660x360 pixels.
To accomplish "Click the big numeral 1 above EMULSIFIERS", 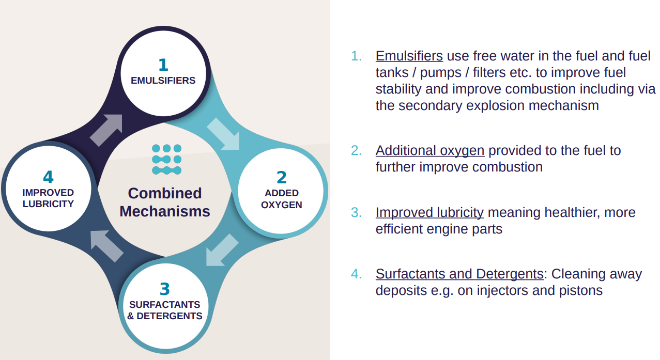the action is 163,65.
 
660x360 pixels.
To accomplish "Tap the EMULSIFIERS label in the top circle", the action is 163,81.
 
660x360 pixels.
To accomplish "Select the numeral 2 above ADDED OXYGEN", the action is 282,177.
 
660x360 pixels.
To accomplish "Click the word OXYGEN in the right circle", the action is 281,205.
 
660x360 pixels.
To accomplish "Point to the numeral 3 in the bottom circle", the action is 165,289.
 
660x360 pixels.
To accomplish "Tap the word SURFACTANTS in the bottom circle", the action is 164,304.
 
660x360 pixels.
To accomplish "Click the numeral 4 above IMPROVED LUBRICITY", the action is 48,177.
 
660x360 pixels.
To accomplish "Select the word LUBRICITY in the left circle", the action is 48,204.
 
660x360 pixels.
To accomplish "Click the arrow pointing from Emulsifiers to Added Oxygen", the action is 223,134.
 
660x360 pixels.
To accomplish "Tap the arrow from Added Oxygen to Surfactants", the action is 222,250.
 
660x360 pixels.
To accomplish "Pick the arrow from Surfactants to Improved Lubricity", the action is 106,246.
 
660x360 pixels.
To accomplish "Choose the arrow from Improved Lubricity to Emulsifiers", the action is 106,130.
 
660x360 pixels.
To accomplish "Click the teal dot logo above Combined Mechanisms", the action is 166,159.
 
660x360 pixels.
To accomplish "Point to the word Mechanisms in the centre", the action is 165,211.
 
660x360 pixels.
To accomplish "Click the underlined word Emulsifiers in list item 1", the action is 409,56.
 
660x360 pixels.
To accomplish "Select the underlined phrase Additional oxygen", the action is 430,151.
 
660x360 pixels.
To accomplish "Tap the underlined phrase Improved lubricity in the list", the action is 429,212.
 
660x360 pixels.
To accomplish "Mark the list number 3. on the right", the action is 356,212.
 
